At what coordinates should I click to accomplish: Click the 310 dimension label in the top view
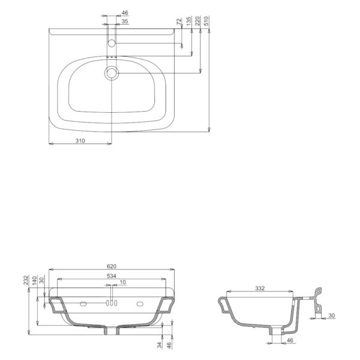click(x=80, y=140)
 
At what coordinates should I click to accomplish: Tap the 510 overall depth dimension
click(x=206, y=20)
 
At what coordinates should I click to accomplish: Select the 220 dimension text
click(x=197, y=21)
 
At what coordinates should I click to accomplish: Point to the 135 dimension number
click(x=188, y=21)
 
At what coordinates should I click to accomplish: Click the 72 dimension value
click(x=179, y=22)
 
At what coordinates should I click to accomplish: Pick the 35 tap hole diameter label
click(x=125, y=22)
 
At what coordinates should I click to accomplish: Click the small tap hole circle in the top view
click(x=112, y=43)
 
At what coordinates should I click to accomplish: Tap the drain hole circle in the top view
click(x=112, y=73)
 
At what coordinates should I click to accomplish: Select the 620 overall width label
click(x=112, y=266)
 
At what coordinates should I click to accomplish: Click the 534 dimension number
click(x=112, y=276)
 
